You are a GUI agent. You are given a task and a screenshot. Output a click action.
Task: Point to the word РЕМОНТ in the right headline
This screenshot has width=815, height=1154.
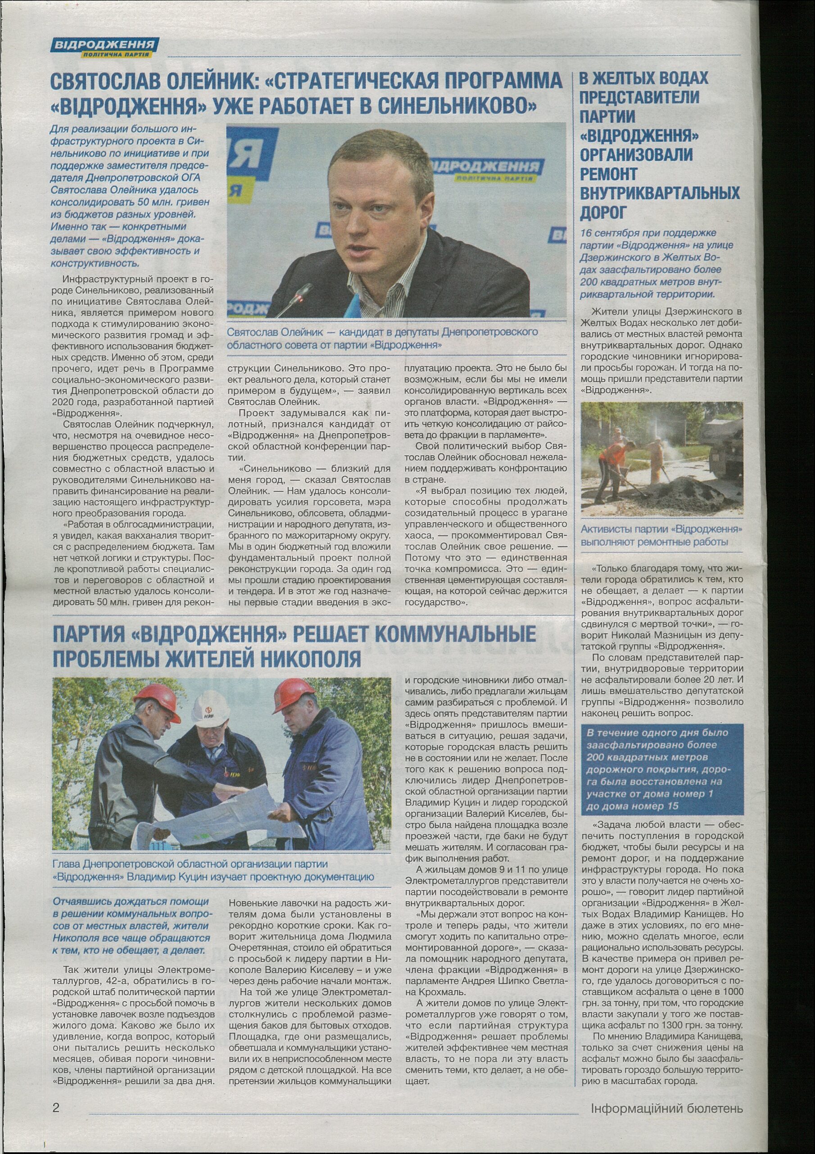(x=608, y=174)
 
